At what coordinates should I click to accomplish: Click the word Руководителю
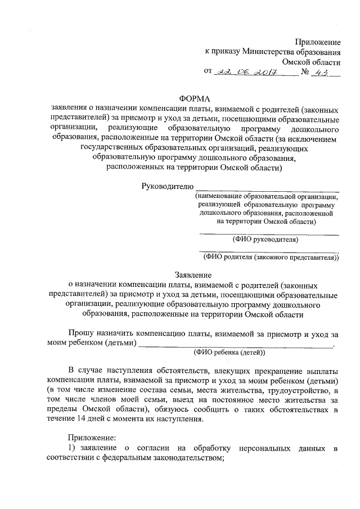pos(166,186)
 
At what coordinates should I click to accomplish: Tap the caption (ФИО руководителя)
pos(265,239)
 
